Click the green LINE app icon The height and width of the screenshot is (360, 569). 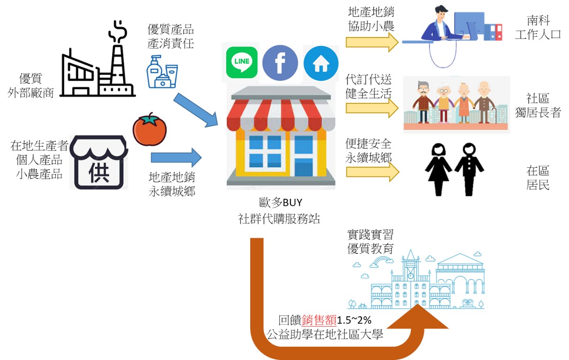point(242,63)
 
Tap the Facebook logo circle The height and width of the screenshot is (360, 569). point(280,63)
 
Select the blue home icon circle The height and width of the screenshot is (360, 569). point(321,64)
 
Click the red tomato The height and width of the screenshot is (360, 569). point(149,128)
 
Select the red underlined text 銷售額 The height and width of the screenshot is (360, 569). point(319,321)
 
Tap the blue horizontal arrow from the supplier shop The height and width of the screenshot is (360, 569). point(176,158)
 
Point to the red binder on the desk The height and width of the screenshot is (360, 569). point(499,32)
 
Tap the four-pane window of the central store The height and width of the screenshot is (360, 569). point(265,151)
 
